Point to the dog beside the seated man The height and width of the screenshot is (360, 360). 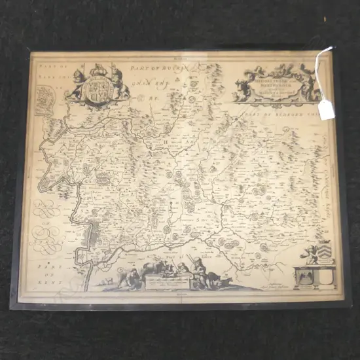click(223, 281)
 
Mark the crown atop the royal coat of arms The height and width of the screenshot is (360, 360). click(98, 67)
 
